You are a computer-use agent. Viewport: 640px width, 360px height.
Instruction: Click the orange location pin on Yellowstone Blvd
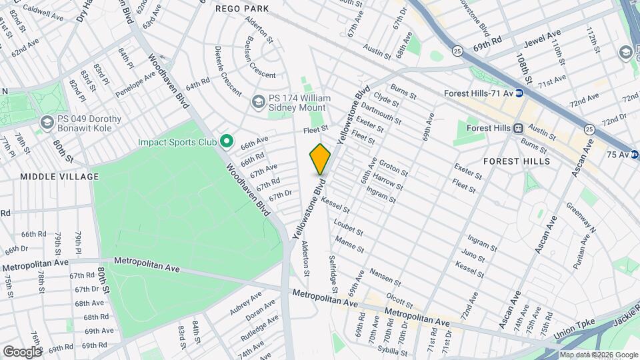pos(320,159)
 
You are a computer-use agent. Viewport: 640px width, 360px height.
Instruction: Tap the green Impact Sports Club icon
pos(226,141)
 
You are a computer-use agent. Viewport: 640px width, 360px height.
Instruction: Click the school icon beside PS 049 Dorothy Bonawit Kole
pos(47,122)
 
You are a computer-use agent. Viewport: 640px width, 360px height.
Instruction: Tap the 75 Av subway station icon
pos(634,155)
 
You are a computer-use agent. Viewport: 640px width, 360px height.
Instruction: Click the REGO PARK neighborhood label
pos(242,9)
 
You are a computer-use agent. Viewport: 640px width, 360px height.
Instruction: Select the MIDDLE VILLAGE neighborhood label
pos(59,177)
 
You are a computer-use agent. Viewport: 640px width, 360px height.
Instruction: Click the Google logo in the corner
pos(22,351)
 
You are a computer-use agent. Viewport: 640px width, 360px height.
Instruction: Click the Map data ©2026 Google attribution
pos(598,355)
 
